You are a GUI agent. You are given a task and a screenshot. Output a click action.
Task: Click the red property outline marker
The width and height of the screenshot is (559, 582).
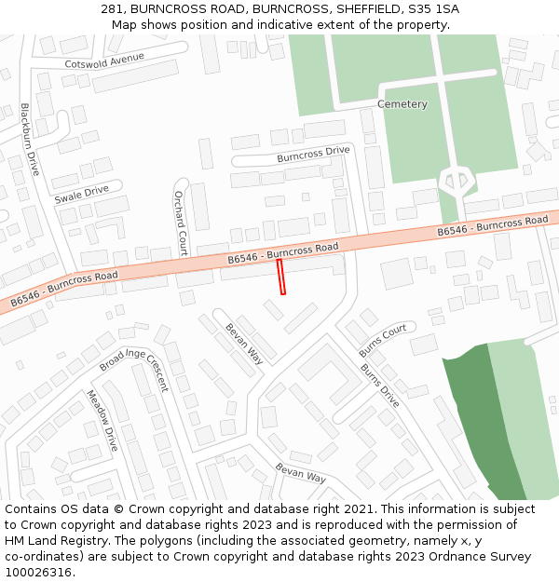pyautogui.click(x=281, y=277)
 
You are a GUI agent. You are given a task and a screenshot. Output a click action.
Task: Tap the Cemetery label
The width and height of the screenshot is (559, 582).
pyautogui.click(x=402, y=104)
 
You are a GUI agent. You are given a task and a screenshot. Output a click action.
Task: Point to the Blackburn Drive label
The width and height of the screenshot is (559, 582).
pyautogui.click(x=30, y=140)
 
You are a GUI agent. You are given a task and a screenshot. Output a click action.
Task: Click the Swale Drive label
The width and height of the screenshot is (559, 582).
pyautogui.click(x=81, y=195)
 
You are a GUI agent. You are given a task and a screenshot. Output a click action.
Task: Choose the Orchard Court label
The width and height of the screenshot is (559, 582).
pyautogui.click(x=181, y=223)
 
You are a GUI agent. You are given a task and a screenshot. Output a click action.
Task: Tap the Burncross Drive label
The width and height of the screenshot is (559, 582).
pyautogui.click(x=313, y=154)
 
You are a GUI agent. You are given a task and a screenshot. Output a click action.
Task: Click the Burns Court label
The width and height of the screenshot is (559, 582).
pyautogui.click(x=383, y=340)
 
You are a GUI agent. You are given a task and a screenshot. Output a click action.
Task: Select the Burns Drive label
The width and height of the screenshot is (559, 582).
pyautogui.click(x=380, y=386)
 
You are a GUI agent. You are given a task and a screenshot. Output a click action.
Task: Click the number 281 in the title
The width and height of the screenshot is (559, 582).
pyautogui.click(x=113, y=9)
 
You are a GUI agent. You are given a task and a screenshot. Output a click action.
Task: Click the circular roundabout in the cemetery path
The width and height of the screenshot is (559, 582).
pyautogui.click(x=456, y=179)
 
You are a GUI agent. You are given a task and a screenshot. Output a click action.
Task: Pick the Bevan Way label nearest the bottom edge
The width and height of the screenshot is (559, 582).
pyautogui.click(x=300, y=473)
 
